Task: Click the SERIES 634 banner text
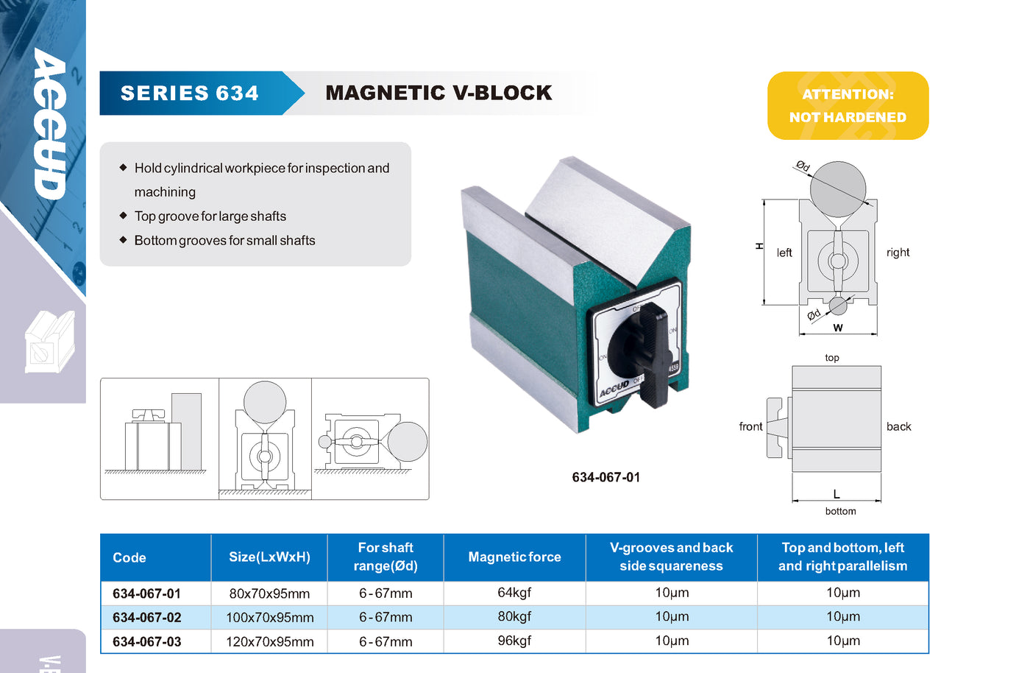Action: click(189, 93)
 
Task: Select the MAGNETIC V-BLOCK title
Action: click(438, 93)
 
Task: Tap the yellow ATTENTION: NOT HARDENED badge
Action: click(848, 105)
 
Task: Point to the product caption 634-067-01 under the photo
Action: click(605, 477)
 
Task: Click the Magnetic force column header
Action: click(514, 557)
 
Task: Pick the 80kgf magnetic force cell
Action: click(514, 616)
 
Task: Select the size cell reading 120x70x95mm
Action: click(269, 641)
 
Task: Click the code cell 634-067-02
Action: click(146, 617)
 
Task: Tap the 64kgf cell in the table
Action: click(514, 592)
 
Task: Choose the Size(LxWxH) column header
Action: click(269, 557)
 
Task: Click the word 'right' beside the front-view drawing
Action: click(898, 253)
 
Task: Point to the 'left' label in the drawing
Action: click(784, 253)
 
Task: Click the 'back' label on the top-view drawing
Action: click(898, 426)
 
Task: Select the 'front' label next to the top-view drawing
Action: click(750, 426)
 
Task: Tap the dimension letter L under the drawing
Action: click(837, 494)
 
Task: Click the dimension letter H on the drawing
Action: click(759, 246)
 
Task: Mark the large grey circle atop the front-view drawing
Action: click(838, 189)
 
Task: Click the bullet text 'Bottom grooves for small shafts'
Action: click(224, 241)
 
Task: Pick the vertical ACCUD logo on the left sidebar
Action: click(50, 124)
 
